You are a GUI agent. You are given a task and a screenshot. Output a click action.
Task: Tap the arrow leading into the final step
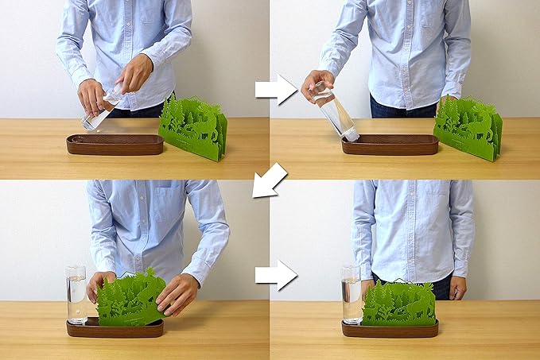[x=275, y=275]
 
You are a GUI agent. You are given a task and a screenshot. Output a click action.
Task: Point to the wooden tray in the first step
[x=115, y=145]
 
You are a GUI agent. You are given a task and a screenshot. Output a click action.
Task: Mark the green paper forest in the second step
[x=468, y=127]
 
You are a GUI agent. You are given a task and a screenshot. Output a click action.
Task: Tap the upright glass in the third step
[x=76, y=294]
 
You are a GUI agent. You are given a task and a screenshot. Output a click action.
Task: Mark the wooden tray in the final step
[x=390, y=329]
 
